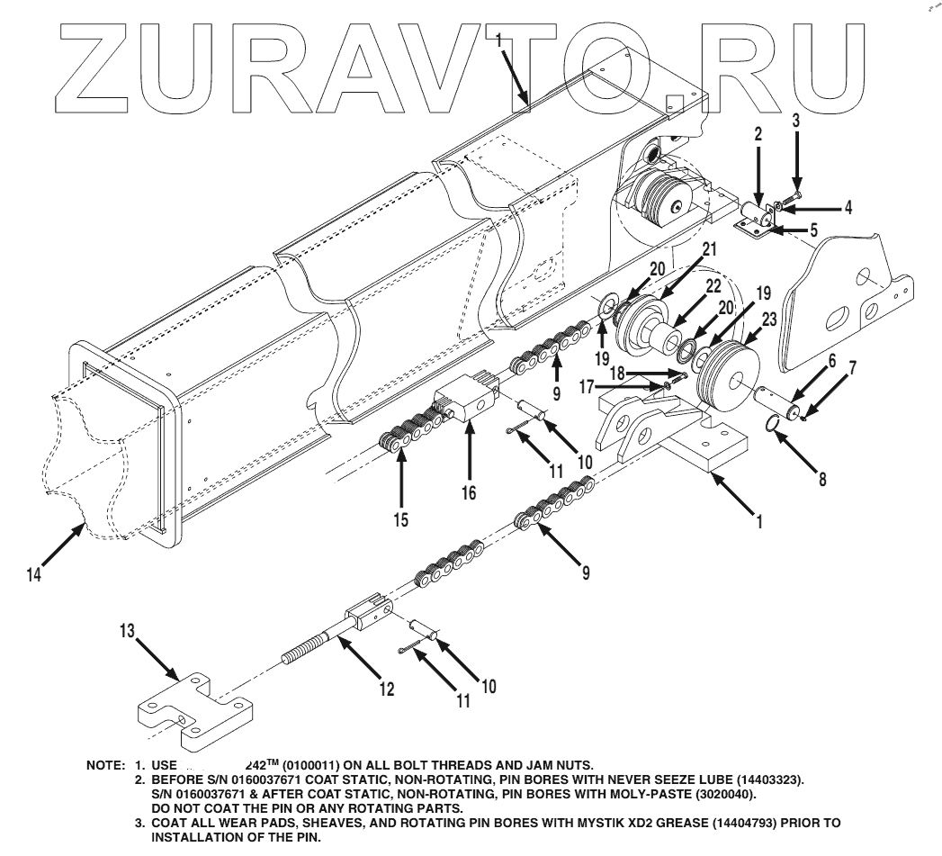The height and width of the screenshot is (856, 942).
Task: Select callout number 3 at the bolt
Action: point(795,119)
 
